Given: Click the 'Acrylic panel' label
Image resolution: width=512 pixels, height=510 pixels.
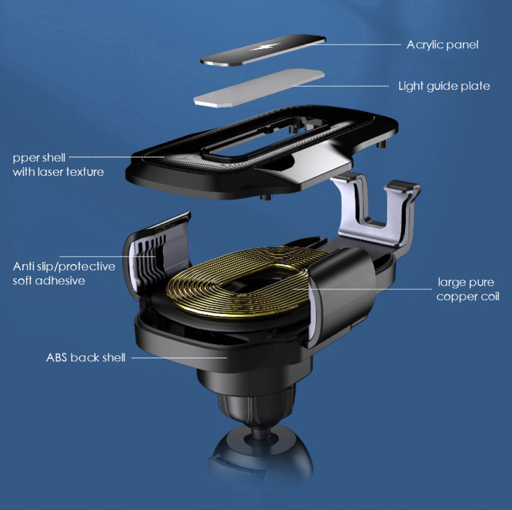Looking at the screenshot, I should tap(442, 45).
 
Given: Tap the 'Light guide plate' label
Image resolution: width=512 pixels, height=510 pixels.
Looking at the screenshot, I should tap(444, 86).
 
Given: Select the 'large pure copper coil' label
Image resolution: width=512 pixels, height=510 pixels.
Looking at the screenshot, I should tap(467, 289).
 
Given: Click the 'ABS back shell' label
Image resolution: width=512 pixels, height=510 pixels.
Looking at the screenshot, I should tap(86, 358).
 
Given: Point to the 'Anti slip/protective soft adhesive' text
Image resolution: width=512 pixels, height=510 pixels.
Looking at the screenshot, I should tap(64, 273).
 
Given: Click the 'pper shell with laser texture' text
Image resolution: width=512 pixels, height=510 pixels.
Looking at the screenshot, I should tap(58, 165).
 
